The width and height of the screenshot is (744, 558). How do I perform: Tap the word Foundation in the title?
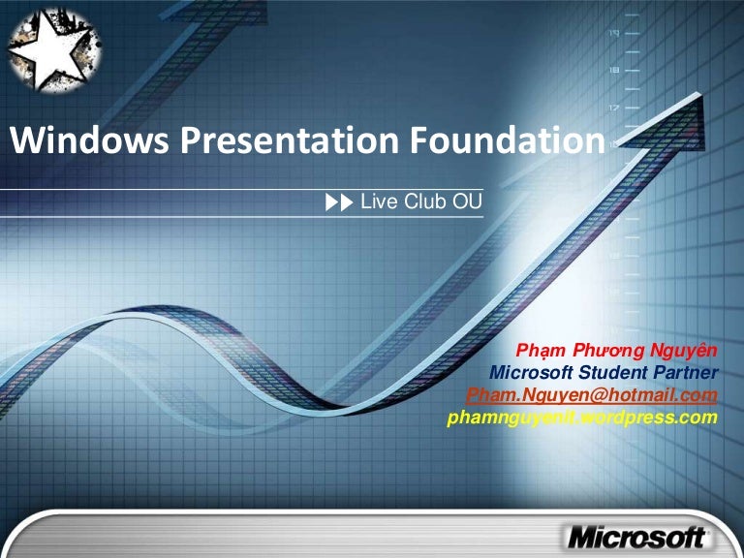click(x=504, y=142)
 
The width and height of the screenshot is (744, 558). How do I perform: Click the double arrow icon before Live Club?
click(x=340, y=202)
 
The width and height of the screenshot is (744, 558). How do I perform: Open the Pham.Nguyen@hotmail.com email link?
click(x=592, y=395)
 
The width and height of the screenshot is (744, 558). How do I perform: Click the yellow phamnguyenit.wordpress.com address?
click(x=582, y=418)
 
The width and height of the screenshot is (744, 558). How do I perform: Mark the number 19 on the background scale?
click(x=613, y=32)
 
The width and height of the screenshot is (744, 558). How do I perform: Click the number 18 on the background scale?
click(x=613, y=70)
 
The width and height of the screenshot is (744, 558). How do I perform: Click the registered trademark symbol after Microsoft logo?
click(x=711, y=532)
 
